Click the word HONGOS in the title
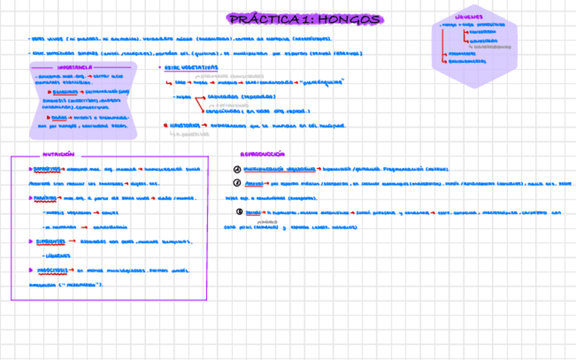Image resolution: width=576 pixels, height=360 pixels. point(348,20)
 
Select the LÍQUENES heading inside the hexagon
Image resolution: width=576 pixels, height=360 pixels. point(469,17)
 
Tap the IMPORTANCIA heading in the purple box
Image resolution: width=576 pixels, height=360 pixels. point(75,68)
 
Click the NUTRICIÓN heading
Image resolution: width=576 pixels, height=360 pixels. point(58,154)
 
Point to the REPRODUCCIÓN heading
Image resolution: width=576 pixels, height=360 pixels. point(263,154)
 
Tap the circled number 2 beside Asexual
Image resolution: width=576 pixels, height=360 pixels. point(237,183)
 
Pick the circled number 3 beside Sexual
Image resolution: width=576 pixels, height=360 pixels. point(239,212)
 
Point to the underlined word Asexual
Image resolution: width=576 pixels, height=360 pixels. point(253,183)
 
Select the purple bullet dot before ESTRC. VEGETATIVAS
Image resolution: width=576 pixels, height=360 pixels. point(159,68)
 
